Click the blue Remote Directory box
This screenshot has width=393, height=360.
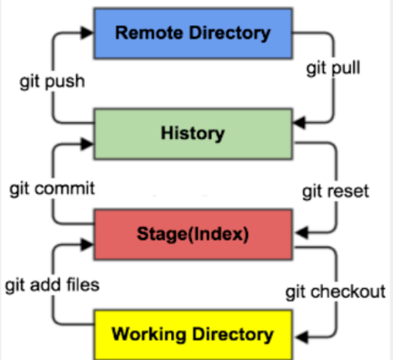193,33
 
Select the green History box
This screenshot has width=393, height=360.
193,134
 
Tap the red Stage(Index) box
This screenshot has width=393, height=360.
193,235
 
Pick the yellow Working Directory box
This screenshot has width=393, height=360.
193,335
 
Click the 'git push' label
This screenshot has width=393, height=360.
52,81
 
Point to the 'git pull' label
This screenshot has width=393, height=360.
333,68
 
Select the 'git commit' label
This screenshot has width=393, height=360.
52,188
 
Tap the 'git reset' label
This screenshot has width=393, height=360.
336,191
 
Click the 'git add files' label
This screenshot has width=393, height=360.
52,285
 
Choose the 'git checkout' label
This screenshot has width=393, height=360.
335,292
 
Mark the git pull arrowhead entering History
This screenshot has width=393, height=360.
299,123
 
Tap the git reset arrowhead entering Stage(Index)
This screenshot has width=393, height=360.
302,233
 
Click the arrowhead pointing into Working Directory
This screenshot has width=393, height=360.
302,337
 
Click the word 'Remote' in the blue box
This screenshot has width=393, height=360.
149,33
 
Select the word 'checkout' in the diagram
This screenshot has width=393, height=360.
348,291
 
